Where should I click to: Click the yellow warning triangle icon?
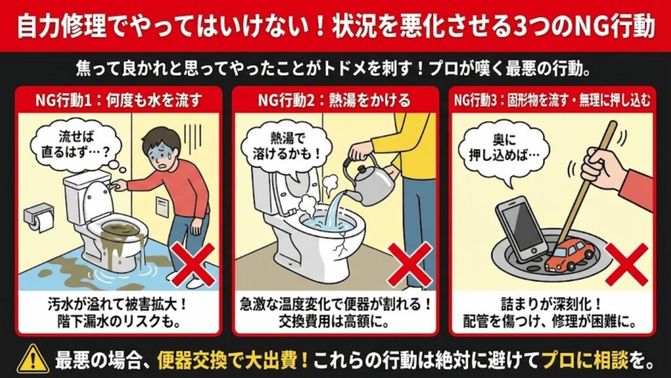click(29, 358)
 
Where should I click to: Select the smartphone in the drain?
click(520, 229)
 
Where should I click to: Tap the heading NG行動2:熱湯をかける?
click(334, 100)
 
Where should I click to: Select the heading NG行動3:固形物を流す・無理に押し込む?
click(553, 101)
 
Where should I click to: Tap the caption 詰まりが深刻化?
click(553, 305)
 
